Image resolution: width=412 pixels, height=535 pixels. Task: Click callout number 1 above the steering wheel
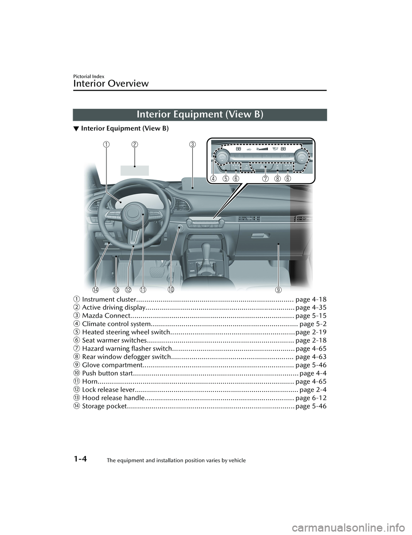pos(106,144)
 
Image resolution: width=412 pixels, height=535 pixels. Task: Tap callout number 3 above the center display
pos(192,144)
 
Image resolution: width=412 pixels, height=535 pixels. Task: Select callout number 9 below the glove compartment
pos(278,290)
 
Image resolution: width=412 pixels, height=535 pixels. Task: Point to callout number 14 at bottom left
pos(96,290)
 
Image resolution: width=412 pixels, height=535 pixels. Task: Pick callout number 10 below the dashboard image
pos(171,290)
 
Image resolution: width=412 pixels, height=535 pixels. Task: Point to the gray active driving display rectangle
pos(134,170)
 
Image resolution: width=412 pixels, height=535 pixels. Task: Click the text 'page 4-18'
pos(311,300)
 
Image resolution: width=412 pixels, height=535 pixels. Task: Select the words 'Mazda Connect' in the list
pos(106,316)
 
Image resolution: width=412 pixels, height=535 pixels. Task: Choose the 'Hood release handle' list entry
pos(113,398)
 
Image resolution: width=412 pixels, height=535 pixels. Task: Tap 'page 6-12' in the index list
pos(311,398)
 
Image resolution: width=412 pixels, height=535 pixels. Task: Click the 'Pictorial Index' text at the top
pos(89,76)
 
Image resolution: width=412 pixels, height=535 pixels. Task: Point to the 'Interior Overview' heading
pos(111,84)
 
